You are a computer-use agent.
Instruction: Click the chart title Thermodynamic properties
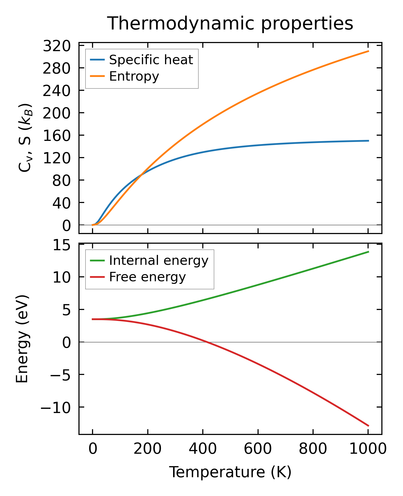(x=230, y=24)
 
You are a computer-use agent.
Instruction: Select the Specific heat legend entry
(x=151, y=60)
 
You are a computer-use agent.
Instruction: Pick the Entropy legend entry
(x=134, y=76)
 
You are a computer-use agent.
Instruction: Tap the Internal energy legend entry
(x=158, y=260)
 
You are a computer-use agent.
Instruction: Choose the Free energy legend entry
(x=147, y=277)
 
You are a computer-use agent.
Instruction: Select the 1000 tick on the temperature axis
(x=368, y=450)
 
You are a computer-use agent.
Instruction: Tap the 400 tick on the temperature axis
(x=203, y=450)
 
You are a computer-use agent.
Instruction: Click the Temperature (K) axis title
(x=230, y=473)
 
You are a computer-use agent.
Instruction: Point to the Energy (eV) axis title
(x=22, y=339)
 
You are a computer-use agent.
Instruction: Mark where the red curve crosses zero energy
(x=207, y=342)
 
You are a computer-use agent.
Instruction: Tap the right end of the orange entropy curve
(x=368, y=51)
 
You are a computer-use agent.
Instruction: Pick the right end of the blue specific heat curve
(x=368, y=141)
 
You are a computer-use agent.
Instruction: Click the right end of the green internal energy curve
(x=368, y=252)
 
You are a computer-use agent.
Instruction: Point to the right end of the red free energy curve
(x=368, y=426)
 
